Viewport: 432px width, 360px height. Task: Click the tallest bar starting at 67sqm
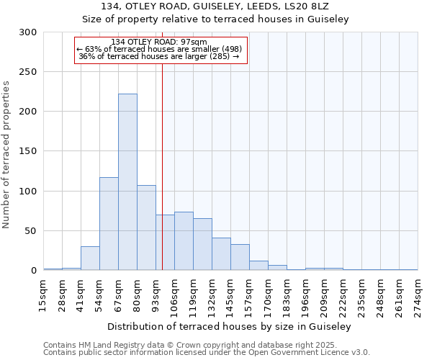[x=127, y=182]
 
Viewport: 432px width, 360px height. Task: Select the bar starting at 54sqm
[x=109, y=224]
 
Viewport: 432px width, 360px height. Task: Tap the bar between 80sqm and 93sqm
[x=146, y=228]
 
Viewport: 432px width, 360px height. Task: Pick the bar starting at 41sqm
[x=90, y=258]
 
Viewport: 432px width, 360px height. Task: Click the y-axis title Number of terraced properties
[x=6, y=155]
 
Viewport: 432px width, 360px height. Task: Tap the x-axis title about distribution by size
[x=230, y=327]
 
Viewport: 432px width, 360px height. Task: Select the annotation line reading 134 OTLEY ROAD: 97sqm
[x=159, y=42]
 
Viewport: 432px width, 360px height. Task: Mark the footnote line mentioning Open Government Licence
[x=207, y=352]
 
